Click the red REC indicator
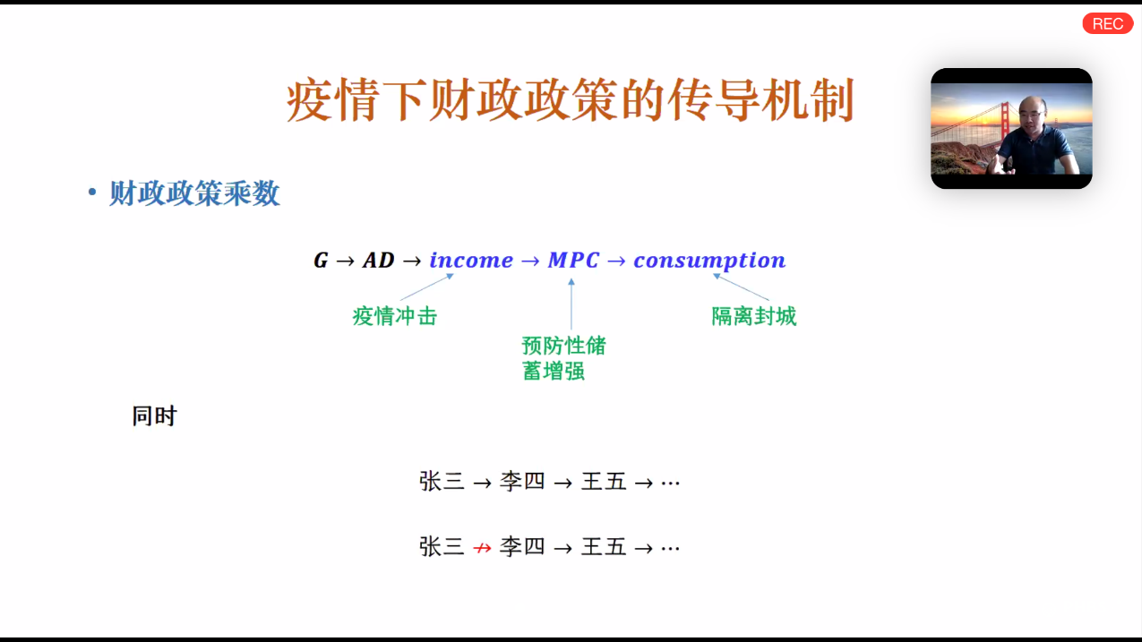point(1107,23)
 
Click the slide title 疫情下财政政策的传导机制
point(570,100)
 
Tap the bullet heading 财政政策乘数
point(194,193)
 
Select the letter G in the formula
point(321,261)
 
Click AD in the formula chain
point(379,261)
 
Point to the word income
point(471,261)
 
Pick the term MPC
point(573,261)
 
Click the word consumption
point(709,261)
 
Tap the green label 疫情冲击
point(395,316)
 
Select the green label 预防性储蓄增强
point(564,358)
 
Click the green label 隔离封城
point(754,316)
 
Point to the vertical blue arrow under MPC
point(571,304)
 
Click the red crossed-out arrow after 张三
point(482,548)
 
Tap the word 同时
point(154,415)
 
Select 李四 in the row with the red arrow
point(522,547)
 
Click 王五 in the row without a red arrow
point(604,481)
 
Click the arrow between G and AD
point(345,261)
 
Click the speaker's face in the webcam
point(1032,114)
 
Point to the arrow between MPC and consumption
point(616,261)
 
